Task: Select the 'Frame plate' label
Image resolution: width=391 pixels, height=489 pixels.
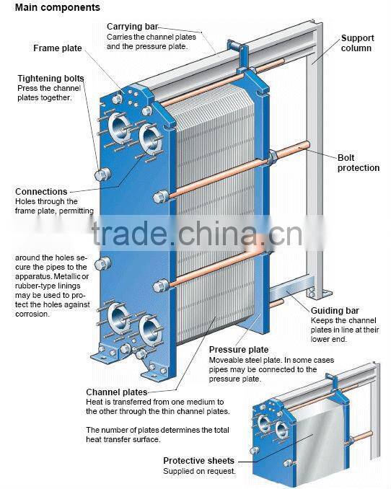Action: click(57, 48)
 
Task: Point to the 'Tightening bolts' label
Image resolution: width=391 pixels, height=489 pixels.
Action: click(50, 78)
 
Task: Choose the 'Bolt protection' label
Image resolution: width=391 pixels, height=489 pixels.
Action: click(358, 162)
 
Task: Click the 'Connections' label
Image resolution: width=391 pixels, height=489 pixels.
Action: click(41, 192)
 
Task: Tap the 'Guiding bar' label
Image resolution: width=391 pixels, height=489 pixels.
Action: click(332, 310)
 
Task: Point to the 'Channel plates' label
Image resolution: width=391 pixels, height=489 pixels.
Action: click(116, 392)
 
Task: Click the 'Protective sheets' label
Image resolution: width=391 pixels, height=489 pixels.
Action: click(198, 460)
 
